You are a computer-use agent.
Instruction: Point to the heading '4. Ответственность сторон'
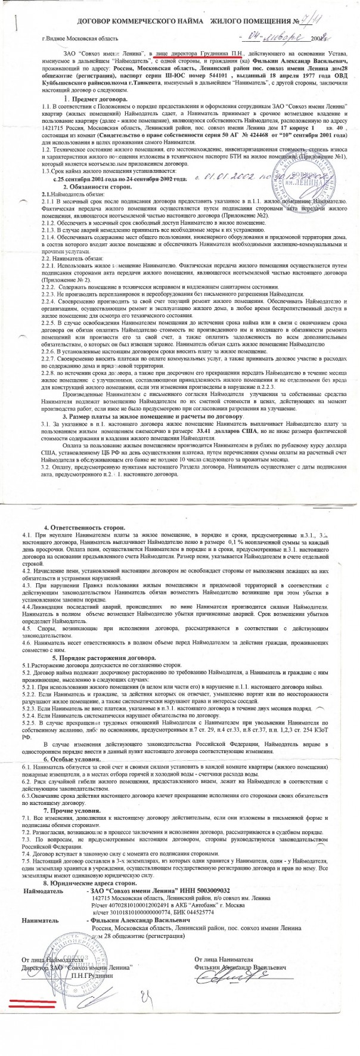point(85,528)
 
